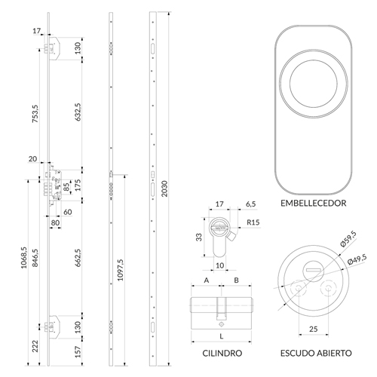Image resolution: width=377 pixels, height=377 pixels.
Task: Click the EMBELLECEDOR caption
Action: [x=313, y=203]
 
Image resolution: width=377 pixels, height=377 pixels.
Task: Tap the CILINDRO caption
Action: [x=222, y=353]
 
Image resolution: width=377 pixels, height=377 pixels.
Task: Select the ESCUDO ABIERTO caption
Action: [x=316, y=353]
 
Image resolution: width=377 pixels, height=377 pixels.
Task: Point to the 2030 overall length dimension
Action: [x=164, y=188]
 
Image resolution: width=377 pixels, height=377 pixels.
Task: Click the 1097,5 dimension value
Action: [x=121, y=270]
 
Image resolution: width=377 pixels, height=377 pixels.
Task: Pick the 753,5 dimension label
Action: [x=35, y=114]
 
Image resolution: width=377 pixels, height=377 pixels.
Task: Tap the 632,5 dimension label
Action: [x=78, y=112]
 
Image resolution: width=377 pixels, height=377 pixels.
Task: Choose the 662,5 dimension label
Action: [x=78, y=258]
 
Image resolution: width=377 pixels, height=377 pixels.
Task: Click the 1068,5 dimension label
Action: [x=23, y=258]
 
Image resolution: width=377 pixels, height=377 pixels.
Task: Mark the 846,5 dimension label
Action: [x=35, y=258]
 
